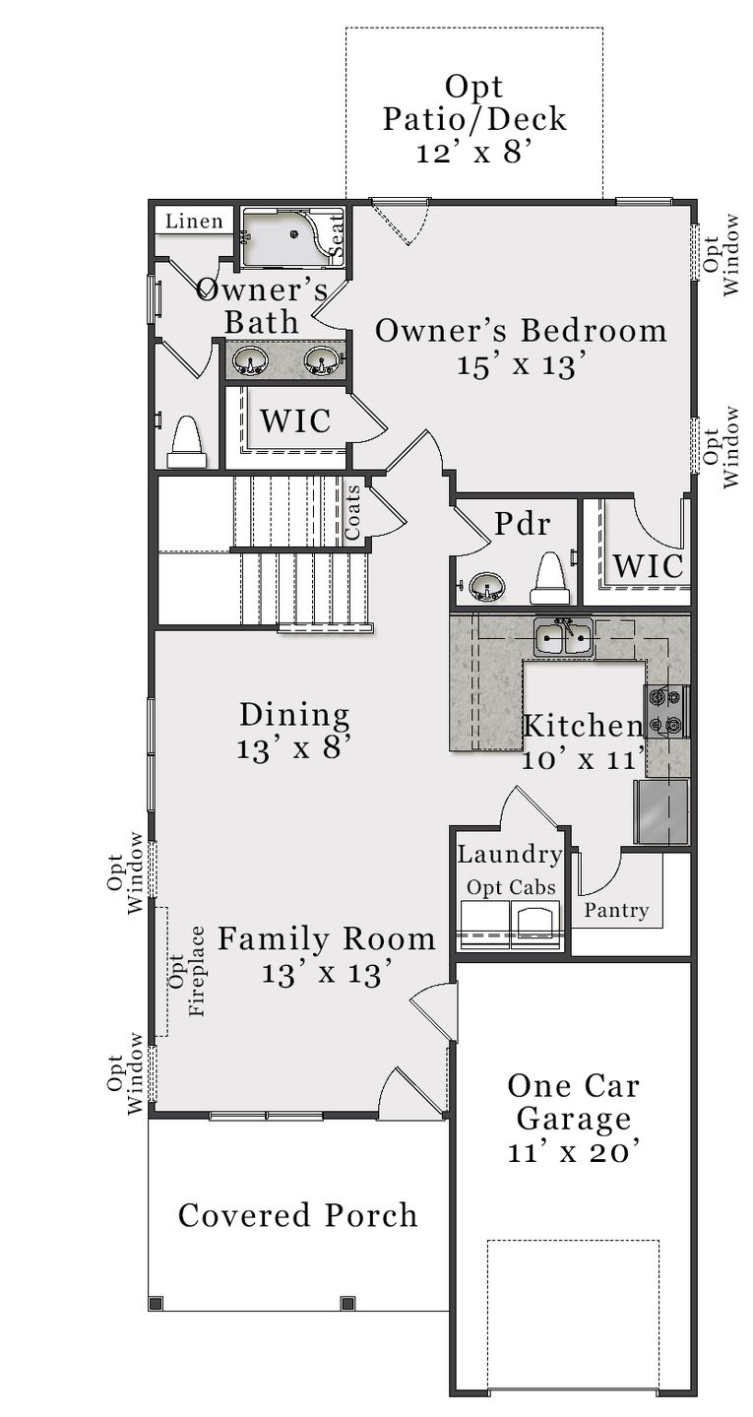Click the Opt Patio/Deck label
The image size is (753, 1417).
click(x=474, y=118)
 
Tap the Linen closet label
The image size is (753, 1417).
click(x=194, y=222)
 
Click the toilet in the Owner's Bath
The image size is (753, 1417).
click(x=186, y=442)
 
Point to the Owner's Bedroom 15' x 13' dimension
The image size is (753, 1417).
click(x=522, y=364)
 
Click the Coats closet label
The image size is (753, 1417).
click(x=352, y=512)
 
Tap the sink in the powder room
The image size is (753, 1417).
click(x=486, y=588)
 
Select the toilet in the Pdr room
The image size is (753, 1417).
click(x=549, y=579)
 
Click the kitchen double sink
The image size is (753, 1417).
click(x=563, y=638)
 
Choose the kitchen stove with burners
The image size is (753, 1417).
click(x=666, y=712)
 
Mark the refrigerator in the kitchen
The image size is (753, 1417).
click(x=660, y=811)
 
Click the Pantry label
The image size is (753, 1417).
click(x=616, y=910)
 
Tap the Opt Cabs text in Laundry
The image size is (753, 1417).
click(x=511, y=887)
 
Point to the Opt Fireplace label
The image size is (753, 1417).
click(x=187, y=970)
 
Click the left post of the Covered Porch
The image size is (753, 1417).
click(x=155, y=1304)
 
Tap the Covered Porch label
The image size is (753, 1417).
click(x=297, y=1215)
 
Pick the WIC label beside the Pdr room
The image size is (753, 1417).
click(x=648, y=566)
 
